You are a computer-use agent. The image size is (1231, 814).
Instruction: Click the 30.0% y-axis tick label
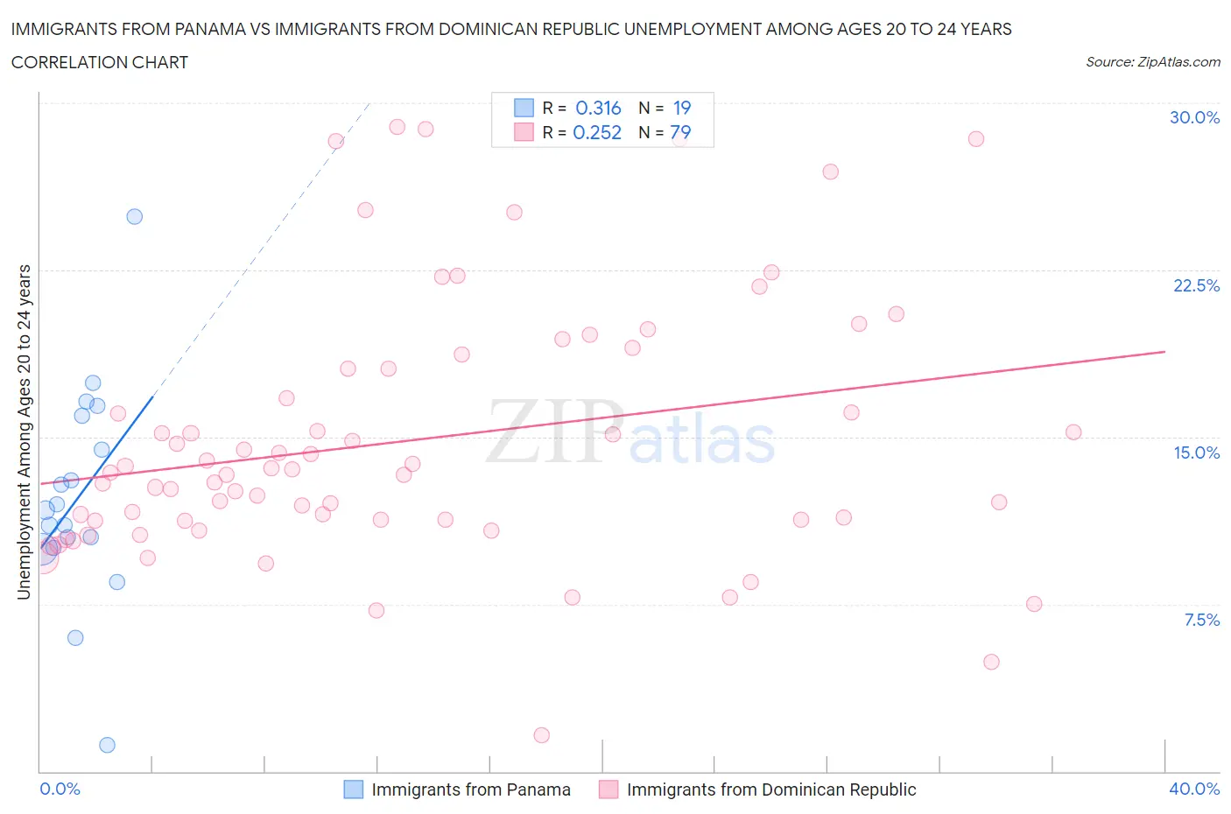[1194, 117]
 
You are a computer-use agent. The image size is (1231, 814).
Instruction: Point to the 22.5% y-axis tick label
[1196, 285]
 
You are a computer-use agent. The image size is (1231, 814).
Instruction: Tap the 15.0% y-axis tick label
[1196, 453]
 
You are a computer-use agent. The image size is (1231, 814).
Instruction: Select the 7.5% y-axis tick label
[1201, 620]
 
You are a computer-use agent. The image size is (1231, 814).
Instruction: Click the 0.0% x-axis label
[60, 789]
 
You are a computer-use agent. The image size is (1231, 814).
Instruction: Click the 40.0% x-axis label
[1194, 789]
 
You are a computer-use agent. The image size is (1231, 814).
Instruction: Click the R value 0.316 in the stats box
[598, 108]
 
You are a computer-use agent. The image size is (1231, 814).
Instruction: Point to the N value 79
[680, 132]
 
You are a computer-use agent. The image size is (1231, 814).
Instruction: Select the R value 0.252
[597, 132]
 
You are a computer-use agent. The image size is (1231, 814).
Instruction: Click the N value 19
[682, 108]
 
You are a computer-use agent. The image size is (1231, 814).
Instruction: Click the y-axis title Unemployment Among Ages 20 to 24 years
[24, 432]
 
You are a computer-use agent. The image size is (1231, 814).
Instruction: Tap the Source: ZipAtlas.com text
[1152, 62]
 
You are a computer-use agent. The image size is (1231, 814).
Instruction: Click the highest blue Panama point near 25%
[135, 216]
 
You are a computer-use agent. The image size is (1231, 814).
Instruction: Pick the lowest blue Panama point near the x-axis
[107, 745]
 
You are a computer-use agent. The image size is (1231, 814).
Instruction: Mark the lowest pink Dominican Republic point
[541, 735]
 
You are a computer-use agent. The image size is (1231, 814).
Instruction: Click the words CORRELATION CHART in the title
[100, 62]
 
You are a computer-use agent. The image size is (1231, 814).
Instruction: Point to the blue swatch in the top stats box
[524, 108]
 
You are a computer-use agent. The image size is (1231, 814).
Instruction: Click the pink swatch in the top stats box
[524, 132]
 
